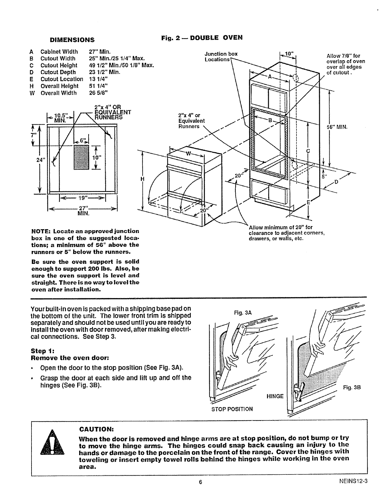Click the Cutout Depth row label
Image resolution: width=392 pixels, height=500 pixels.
pyautogui.click(x=58, y=72)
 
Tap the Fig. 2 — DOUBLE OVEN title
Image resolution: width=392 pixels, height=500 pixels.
pyautogui.click(x=202, y=38)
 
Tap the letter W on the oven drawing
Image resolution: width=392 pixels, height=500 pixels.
pyautogui.click(x=188, y=154)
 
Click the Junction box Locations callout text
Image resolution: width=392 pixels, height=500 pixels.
pyautogui.click(x=221, y=57)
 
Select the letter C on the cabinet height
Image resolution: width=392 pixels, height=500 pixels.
pyautogui.click(x=308, y=151)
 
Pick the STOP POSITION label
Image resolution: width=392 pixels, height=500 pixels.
pyautogui.click(x=232, y=409)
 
